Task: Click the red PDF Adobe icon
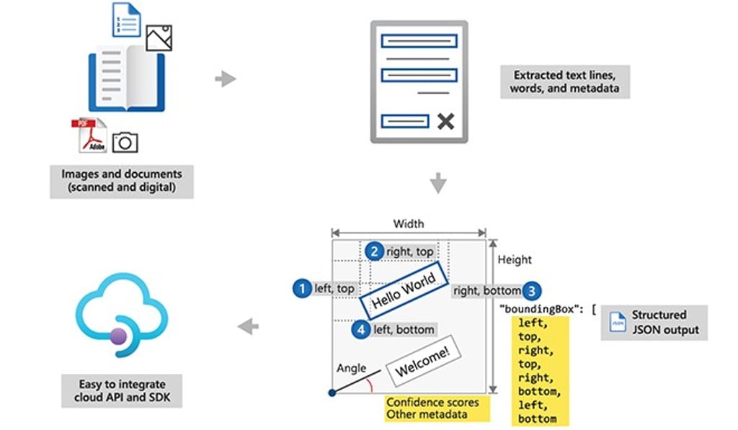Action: point(89,135)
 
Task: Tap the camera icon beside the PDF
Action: point(125,141)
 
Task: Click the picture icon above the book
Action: point(159,37)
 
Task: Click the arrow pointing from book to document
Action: point(226,79)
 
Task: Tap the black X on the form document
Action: point(446,121)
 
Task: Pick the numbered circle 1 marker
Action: point(301,288)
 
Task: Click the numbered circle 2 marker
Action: point(373,251)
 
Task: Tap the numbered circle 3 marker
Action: point(531,290)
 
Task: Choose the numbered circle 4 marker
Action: point(361,329)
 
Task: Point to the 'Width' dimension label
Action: point(408,224)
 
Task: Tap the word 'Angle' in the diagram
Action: point(352,368)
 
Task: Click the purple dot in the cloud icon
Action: point(119,336)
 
